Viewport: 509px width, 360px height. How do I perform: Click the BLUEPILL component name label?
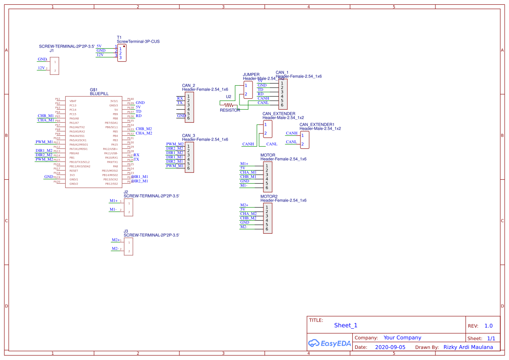click(x=99, y=94)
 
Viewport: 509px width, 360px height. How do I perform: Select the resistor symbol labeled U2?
click(x=229, y=105)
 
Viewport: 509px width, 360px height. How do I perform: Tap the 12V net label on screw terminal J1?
click(x=41, y=68)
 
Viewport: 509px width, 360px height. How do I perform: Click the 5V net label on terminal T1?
click(x=99, y=46)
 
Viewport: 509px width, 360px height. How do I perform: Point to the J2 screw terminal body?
click(x=128, y=208)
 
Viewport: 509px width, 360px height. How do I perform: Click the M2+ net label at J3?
click(x=115, y=240)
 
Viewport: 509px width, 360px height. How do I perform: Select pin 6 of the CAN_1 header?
click(x=282, y=105)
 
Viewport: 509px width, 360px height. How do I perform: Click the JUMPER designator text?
click(x=251, y=74)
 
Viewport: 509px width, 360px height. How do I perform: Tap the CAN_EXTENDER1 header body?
click(x=305, y=140)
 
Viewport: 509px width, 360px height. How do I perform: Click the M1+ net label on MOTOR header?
click(x=244, y=164)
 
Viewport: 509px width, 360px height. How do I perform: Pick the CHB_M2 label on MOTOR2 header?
click(x=248, y=218)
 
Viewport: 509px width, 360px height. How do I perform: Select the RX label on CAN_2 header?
click(x=180, y=98)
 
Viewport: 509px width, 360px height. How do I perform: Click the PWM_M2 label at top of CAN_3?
click(x=175, y=144)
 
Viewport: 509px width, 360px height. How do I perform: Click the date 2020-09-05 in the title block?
click(x=390, y=347)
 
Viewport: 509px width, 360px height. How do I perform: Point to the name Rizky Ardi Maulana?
click(x=468, y=347)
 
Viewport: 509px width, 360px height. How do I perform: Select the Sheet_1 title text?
click(x=346, y=325)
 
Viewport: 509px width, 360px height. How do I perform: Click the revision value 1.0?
click(x=489, y=326)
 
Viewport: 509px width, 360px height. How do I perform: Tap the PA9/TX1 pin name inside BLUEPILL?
click(x=112, y=162)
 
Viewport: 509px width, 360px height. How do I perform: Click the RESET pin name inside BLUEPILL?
click(x=74, y=171)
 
